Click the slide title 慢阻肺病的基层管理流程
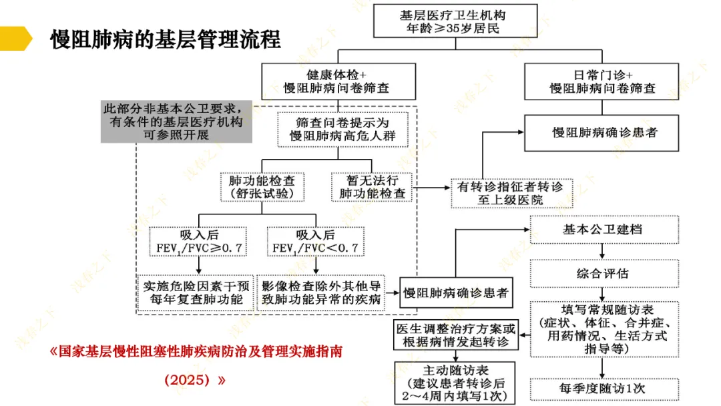pyautogui.click(x=166, y=39)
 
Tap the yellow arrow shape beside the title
pyautogui.click(x=15, y=39)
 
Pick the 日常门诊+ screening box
pyautogui.click(x=602, y=80)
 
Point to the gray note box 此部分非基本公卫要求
pyautogui.click(x=176, y=122)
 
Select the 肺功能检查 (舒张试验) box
pyautogui.click(x=261, y=187)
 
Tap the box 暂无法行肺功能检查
pyautogui.click(x=372, y=187)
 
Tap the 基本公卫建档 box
pyautogui.click(x=603, y=229)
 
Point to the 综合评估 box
pyautogui.click(x=603, y=273)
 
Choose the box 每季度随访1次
pyautogui.click(x=603, y=388)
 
